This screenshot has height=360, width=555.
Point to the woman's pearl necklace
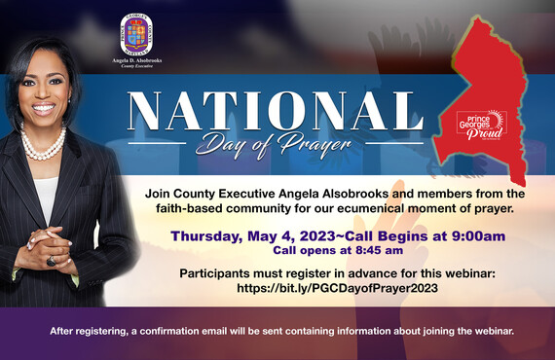click(43, 147)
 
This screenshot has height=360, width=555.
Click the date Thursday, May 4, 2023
click(246, 235)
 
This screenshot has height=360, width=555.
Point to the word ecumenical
click(381, 209)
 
